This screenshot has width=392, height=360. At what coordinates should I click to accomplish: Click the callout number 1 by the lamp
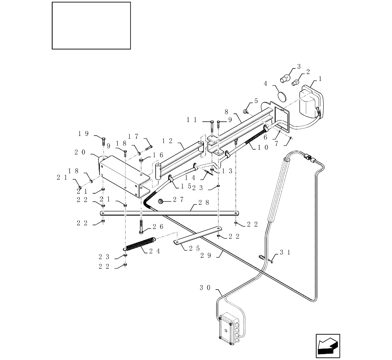320,79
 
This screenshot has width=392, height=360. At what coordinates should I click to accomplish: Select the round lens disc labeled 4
281,96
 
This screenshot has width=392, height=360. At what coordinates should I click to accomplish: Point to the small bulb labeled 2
295,82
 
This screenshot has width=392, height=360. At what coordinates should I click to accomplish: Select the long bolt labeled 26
141,226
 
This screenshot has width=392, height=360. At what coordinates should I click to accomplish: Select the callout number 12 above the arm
168,140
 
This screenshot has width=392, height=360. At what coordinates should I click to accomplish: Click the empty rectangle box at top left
91,26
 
